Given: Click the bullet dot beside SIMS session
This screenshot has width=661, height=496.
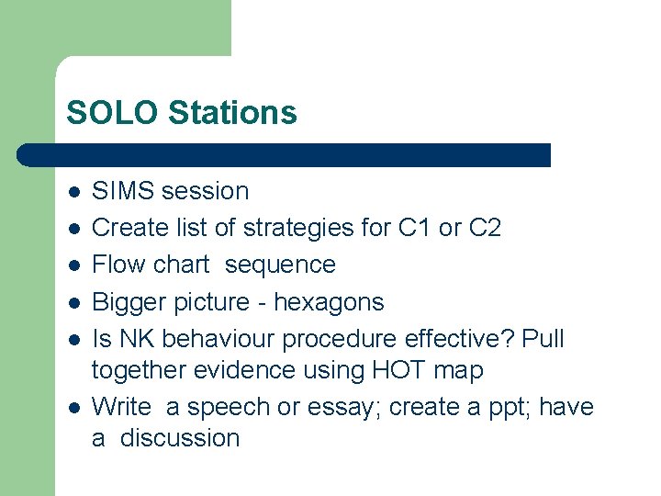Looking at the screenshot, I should tap(73, 192).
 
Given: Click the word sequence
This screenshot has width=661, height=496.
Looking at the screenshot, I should tap(280, 265).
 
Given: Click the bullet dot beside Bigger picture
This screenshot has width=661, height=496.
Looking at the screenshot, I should tap(73, 303).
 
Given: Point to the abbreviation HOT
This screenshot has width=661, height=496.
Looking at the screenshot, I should tap(393, 370).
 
